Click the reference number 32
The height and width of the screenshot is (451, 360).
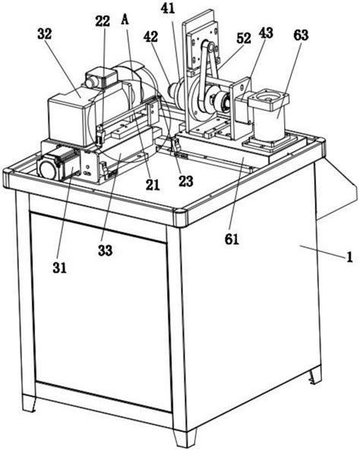tap(44, 34)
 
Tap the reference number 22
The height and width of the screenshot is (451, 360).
tap(103, 21)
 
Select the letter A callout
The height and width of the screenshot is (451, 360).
tap(125, 20)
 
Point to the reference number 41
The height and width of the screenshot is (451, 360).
tap(168, 8)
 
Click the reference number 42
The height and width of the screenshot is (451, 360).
tap(151, 36)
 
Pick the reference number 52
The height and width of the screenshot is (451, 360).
tap(244, 38)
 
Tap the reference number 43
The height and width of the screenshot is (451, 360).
tap(266, 33)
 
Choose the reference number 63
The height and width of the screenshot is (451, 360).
tap(301, 35)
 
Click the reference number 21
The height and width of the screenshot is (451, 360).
tap(153, 185)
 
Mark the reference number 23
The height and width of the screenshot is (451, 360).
tap(185, 181)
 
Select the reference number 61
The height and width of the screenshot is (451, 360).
tap(232, 239)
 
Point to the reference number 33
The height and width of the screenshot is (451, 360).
tap(105, 251)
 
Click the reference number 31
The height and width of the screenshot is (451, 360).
tap(59, 268)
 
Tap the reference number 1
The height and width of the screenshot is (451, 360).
tap(349, 257)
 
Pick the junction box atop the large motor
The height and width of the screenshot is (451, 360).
tap(103, 76)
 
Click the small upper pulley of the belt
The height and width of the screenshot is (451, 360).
tap(211, 47)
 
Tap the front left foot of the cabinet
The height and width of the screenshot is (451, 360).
tap(29, 403)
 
